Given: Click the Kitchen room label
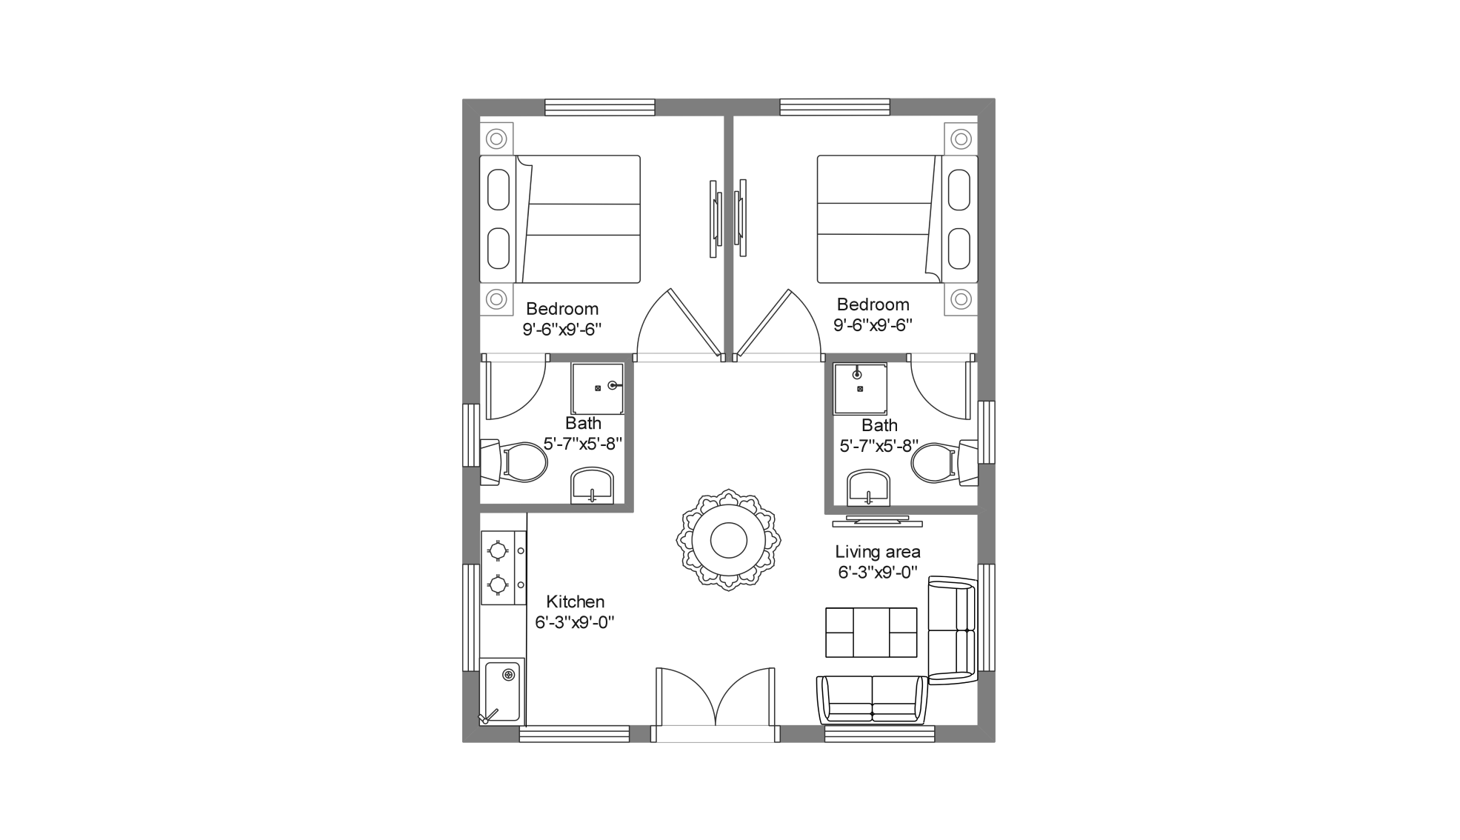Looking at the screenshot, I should point(575,601).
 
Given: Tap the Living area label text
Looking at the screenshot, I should point(878,552).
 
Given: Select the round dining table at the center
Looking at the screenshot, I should point(728,540).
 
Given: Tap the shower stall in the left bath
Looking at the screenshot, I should point(597,388).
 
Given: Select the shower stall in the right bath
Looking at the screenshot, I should point(860,388).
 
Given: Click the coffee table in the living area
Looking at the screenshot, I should point(871,633).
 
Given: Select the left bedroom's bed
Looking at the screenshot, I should point(560,219).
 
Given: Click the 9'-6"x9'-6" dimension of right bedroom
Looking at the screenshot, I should point(872,324).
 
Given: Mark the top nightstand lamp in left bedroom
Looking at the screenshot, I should point(496,139).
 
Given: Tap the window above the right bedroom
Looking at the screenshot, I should point(834,107).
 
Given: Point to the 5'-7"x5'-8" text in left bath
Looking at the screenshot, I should point(582,444).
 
